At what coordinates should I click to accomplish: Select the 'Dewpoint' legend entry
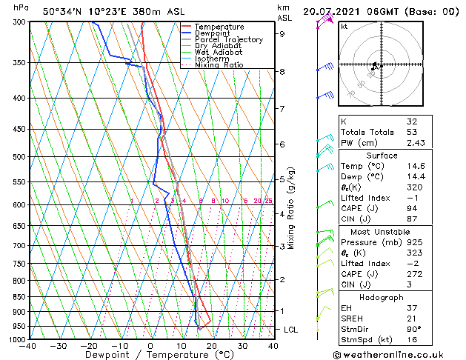point(213,33)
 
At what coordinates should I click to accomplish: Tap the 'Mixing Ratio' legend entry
point(216,65)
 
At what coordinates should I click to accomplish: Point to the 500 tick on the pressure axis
point(17,157)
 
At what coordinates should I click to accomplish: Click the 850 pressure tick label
point(17,297)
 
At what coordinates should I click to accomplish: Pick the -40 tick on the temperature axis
point(28,346)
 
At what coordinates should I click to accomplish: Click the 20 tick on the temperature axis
point(212,346)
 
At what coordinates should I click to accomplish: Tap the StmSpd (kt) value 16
point(412,340)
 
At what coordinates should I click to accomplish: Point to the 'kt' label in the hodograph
point(344,26)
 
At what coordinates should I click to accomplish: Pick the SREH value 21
point(412,319)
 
